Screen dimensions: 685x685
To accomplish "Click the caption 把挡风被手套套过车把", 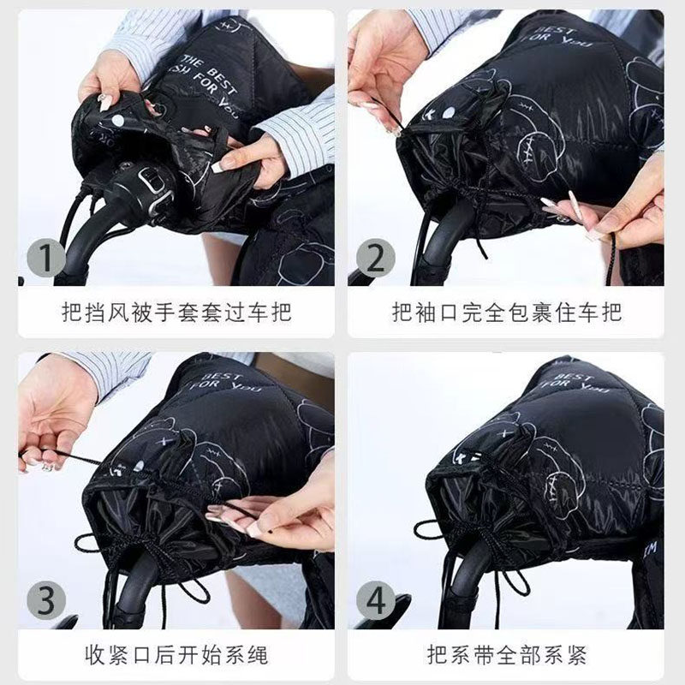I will [176, 312].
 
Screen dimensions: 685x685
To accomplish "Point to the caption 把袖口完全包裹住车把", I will [506, 312].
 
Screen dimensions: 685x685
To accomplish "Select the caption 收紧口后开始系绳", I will [176, 656].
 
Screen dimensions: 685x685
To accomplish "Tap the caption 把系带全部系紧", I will [506, 656].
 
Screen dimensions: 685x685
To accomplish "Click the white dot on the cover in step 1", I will [116, 121].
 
